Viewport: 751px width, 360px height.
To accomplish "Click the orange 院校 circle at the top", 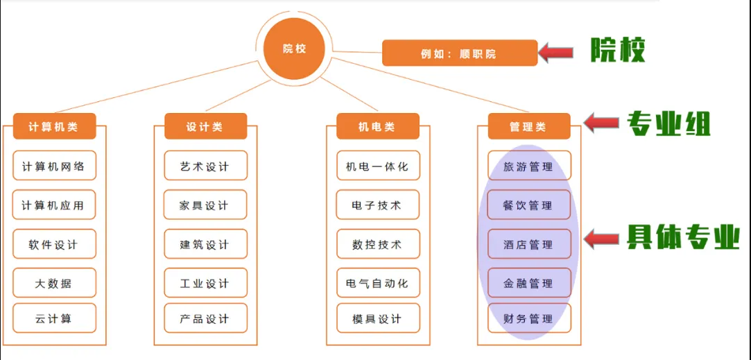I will [x=294, y=49].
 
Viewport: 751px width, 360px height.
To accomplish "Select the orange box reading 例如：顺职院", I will [x=459, y=53].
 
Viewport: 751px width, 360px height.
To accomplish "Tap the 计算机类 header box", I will [x=54, y=127].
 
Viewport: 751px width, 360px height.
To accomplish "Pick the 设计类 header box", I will [x=205, y=127].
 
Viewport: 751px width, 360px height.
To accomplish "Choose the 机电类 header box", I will [x=378, y=127].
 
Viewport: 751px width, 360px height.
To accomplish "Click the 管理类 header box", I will [x=529, y=127].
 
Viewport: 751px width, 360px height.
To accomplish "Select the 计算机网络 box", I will [x=54, y=166].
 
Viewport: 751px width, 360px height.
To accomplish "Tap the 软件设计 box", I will [x=54, y=244].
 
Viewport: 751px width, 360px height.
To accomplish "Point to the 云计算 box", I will [x=54, y=318].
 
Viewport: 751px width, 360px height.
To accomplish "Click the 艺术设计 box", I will [x=205, y=166].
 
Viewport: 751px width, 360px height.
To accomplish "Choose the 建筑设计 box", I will [x=205, y=244].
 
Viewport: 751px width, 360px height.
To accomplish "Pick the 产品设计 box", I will [x=205, y=318].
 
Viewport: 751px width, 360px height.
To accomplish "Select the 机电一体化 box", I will [x=378, y=166].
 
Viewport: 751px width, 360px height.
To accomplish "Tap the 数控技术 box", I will [x=378, y=244].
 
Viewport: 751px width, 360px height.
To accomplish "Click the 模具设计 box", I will [x=378, y=318].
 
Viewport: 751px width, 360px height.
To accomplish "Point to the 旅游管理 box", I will [x=529, y=166].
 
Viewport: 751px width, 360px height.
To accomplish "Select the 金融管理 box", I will [x=529, y=283].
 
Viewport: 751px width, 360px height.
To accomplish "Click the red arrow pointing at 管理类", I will [x=601, y=123].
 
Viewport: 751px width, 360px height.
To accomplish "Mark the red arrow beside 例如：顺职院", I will [x=558, y=52].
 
